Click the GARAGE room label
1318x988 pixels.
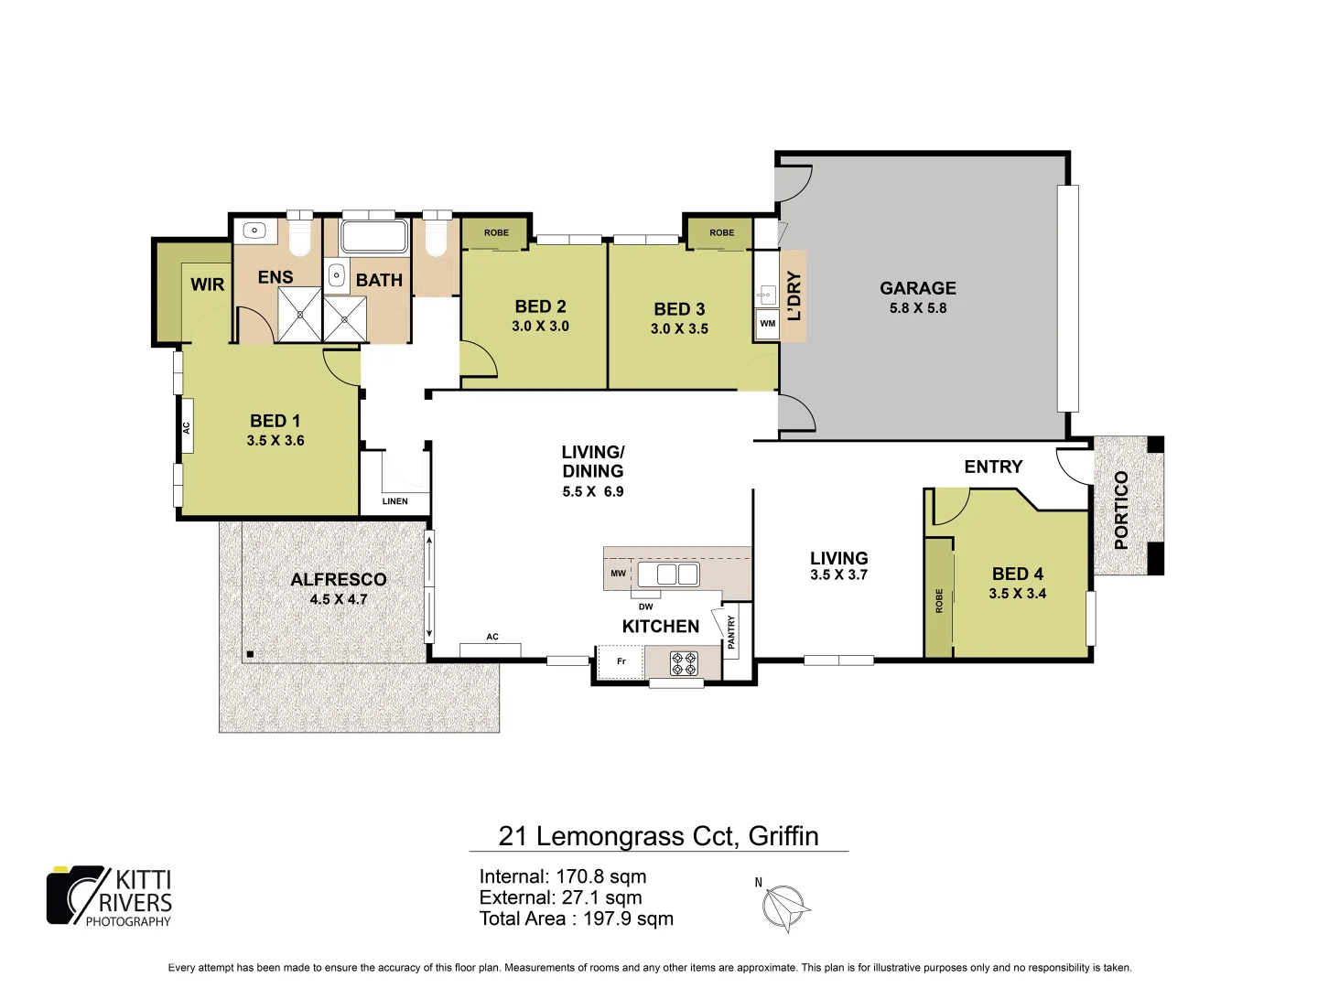click(x=917, y=288)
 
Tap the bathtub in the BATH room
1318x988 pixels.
click(x=373, y=236)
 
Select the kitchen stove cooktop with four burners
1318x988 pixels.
click(x=684, y=662)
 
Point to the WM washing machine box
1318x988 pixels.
click(x=767, y=324)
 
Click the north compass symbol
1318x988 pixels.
click(x=784, y=907)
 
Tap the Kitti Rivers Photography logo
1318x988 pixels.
click(x=110, y=897)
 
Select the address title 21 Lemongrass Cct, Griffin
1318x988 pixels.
click(x=658, y=836)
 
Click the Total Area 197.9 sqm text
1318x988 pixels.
click(x=576, y=918)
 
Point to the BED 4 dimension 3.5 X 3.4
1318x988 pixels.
click(x=1017, y=594)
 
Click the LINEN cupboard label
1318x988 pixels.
click(x=395, y=501)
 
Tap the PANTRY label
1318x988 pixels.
click(x=731, y=632)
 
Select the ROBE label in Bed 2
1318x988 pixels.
click(x=496, y=232)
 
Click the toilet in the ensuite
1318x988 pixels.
click(x=300, y=235)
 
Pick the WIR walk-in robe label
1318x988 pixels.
click(x=207, y=285)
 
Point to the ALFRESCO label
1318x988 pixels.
click(x=338, y=579)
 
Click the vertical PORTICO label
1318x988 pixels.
click(x=1121, y=510)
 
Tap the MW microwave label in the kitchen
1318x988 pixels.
click(x=618, y=574)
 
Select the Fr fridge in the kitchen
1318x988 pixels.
click(x=621, y=661)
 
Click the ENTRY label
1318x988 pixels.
click(x=993, y=467)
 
